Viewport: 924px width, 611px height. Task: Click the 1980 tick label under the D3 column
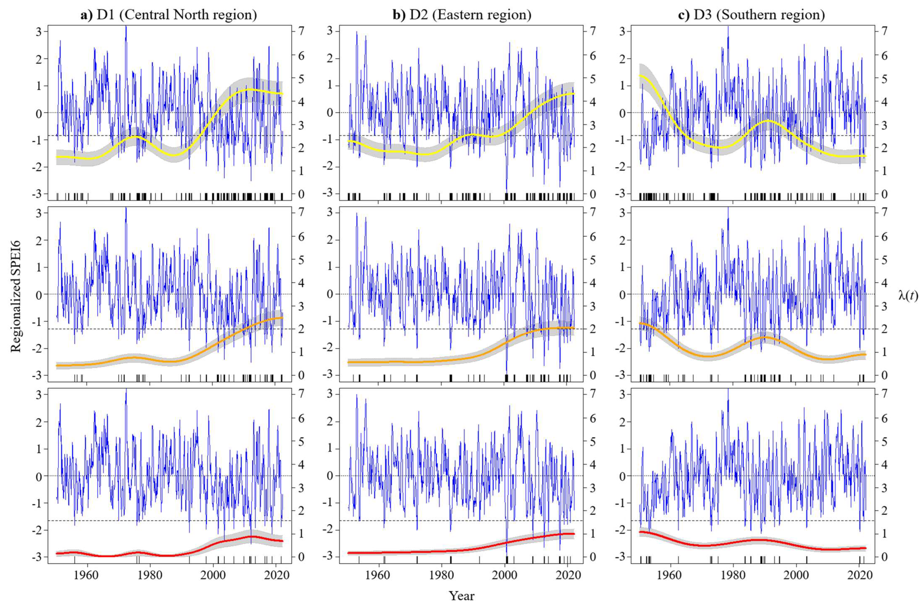733,575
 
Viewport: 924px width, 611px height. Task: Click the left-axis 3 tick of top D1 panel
39,32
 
